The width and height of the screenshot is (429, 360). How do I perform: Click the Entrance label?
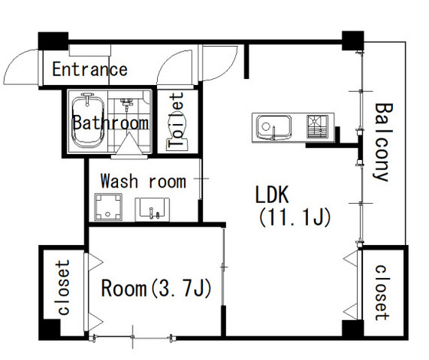point(90,69)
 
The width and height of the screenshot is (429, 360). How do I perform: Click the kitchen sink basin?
point(273,127)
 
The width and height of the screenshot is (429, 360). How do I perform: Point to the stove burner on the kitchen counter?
point(317,126)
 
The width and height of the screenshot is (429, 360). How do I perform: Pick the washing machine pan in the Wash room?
point(108,207)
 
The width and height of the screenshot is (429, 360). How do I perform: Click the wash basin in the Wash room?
point(152,209)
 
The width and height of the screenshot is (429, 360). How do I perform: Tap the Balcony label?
point(382,142)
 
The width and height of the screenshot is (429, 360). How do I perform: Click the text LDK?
point(272,195)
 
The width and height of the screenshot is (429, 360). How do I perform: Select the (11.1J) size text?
point(295,218)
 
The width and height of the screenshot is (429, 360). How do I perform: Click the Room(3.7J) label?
point(156,288)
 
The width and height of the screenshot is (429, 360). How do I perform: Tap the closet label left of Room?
point(63,287)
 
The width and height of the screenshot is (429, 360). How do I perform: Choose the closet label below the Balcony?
point(382,293)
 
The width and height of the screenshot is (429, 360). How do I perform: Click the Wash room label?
point(143,181)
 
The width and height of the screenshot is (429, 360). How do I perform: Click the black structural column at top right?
point(353,41)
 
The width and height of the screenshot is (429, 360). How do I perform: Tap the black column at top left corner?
point(53,41)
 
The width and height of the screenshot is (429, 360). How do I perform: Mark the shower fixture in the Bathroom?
point(126,104)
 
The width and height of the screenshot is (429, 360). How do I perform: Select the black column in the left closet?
point(49,329)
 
